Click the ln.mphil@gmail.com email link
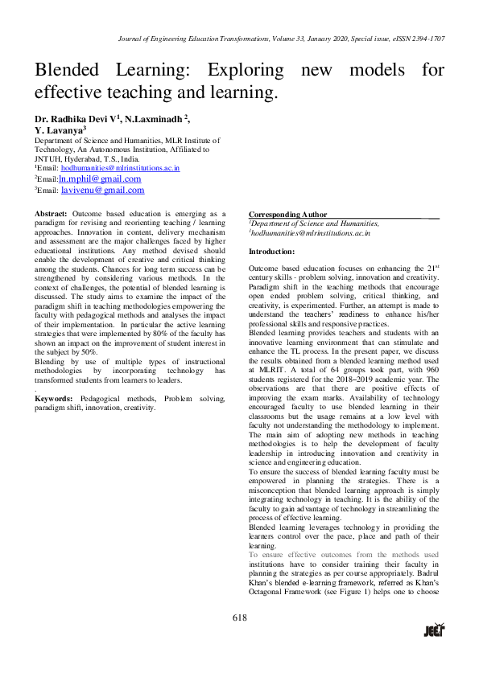tap(94, 178)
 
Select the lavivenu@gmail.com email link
tap(102, 191)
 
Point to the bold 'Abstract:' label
tap(51, 214)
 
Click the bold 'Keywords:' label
tap(55, 399)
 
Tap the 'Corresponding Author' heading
tap(287, 215)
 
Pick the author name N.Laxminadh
tap(156, 118)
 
